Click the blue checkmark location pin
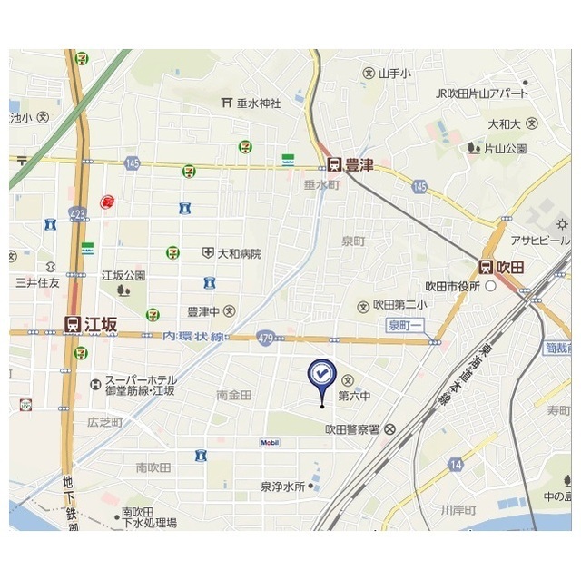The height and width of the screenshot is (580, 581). coord(321,375)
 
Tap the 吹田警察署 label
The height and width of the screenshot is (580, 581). coord(352,429)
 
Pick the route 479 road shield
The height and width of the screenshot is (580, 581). coord(265,336)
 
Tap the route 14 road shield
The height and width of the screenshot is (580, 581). coord(455,465)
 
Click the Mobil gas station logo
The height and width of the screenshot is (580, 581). coord(270,443)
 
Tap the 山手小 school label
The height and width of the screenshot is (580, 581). coord(394,73)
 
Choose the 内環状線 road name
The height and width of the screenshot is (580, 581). coord(193,336)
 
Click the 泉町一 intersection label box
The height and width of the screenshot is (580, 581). coord(405,325)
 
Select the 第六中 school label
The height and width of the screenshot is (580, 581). coord(354,396)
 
